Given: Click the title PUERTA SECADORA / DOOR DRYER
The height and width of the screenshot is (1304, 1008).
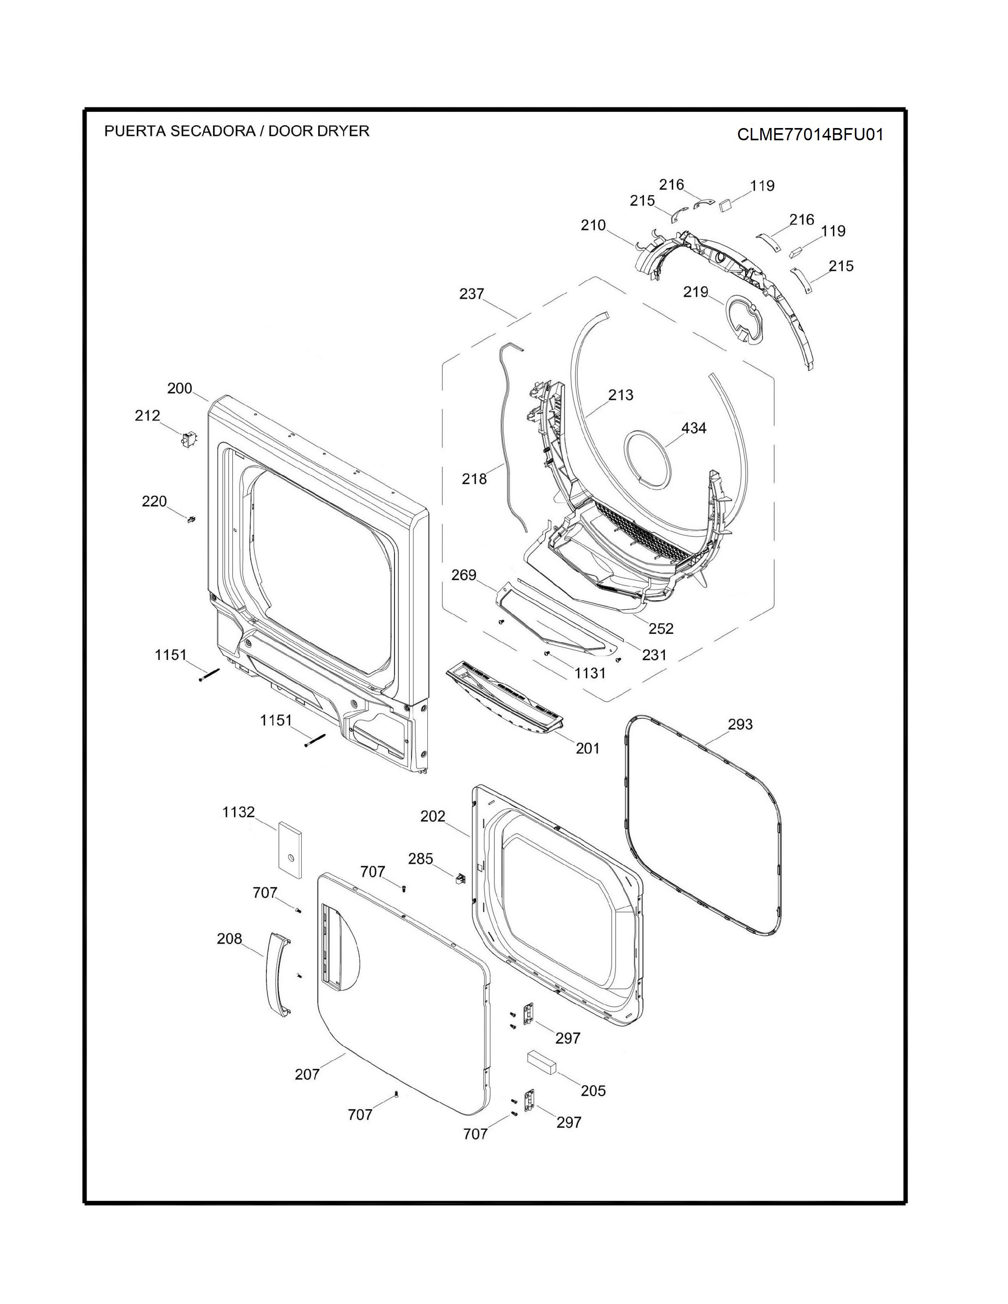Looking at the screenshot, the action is click(x=237, y=131).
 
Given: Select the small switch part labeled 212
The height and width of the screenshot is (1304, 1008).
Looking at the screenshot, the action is click(x=188, y=439).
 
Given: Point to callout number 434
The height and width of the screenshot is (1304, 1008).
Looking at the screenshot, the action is click(x=694, y=428).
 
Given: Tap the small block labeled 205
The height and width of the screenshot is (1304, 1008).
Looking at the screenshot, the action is click(x=542, y=1063).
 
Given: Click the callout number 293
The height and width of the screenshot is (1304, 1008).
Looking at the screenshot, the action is click(x=740, y=724).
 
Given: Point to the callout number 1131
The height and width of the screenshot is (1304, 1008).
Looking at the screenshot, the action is click(x=590, y=673).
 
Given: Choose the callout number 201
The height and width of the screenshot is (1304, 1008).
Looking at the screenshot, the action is click(x=587, y=748).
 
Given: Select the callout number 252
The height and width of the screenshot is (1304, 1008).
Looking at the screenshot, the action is click(x=661, y=629).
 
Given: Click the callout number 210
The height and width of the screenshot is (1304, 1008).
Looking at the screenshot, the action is click(x=593, y=225).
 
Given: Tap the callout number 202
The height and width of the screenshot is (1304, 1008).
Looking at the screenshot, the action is click(x=433, y=816).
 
